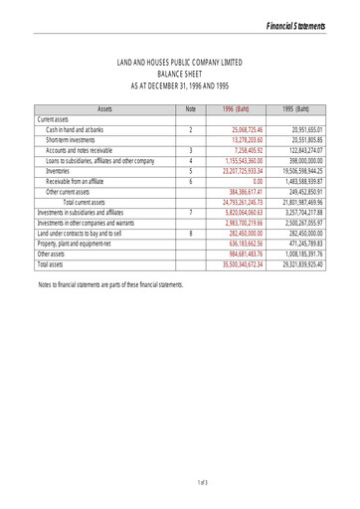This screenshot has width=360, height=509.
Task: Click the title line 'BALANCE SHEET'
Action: tap(180, 73)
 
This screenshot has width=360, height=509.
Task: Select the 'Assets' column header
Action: tap(103, 107)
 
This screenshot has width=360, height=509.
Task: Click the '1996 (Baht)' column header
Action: tap(235, 107)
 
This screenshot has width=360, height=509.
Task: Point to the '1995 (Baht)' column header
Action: tap(296, 107)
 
